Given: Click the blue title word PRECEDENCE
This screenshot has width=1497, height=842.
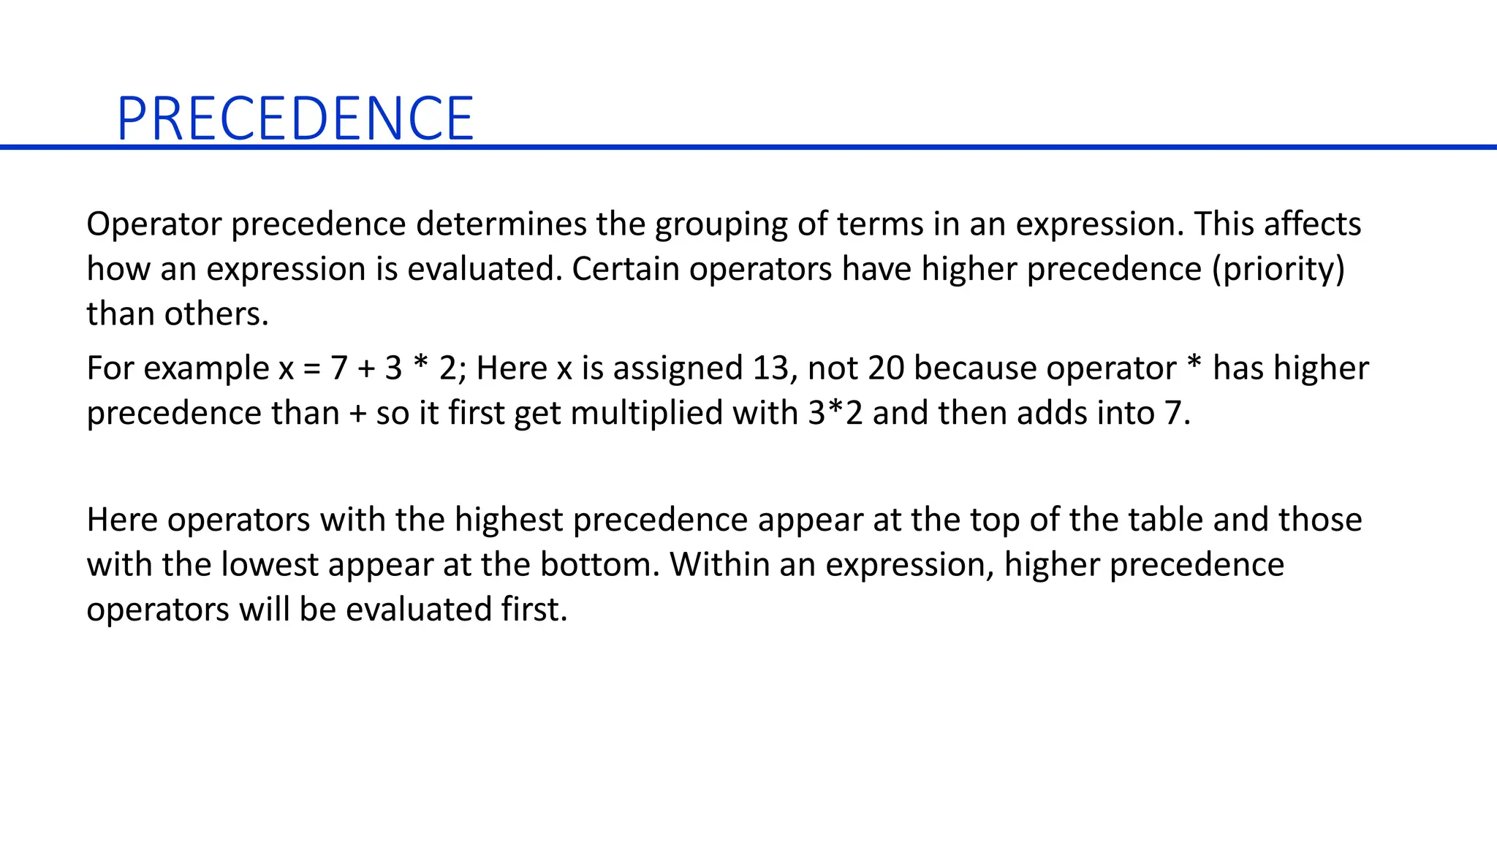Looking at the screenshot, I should tap(295, 118).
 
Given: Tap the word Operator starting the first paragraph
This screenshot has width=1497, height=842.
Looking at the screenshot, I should tap(154, 224).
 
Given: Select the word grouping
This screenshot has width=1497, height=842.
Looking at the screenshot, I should tap(721, 224).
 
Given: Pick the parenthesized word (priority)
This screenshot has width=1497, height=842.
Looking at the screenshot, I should tap(1278, 269).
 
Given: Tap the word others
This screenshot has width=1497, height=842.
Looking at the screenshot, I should tap(216, 314).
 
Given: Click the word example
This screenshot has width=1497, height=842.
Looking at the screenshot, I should tap(207, 368).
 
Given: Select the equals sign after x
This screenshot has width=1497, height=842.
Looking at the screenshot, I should tap(312, 368).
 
